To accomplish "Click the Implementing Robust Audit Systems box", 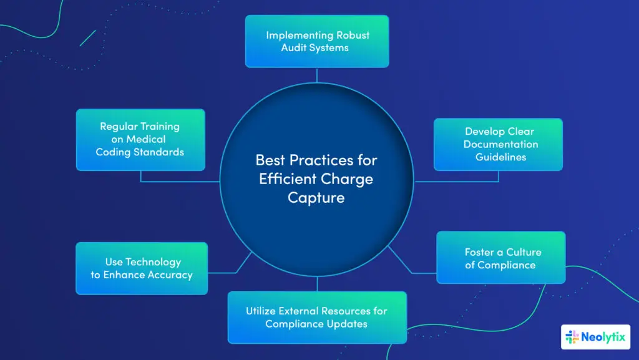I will (x=316, y=41).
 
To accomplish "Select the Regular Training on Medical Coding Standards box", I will (x=140, y=139).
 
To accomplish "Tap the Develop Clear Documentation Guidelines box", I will (x=498, y=144).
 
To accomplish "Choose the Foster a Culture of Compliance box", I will (x=500, y=258).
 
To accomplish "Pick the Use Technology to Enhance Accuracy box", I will (x=141, y=268).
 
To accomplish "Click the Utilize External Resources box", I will (x=316, y=317).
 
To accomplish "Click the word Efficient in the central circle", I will (x=287, y=179).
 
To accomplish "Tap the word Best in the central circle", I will (x=269, y=160).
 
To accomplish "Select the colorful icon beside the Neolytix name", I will (x=572, y=338).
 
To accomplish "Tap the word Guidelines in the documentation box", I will (x=500, y=157).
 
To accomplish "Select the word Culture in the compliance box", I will (x=524, y=252).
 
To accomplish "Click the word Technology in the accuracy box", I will (x=152, y=262).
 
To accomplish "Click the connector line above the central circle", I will (x=317, y=75).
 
